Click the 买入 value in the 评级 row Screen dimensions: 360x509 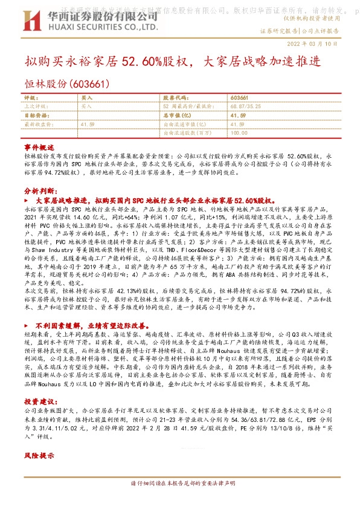pos(87,97)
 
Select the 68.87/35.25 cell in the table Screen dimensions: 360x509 pos(243,105)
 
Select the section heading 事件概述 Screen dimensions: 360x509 pos(39,148)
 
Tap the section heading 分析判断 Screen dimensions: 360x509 pos(39,190)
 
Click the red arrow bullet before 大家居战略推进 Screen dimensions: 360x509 pos(28,199)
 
